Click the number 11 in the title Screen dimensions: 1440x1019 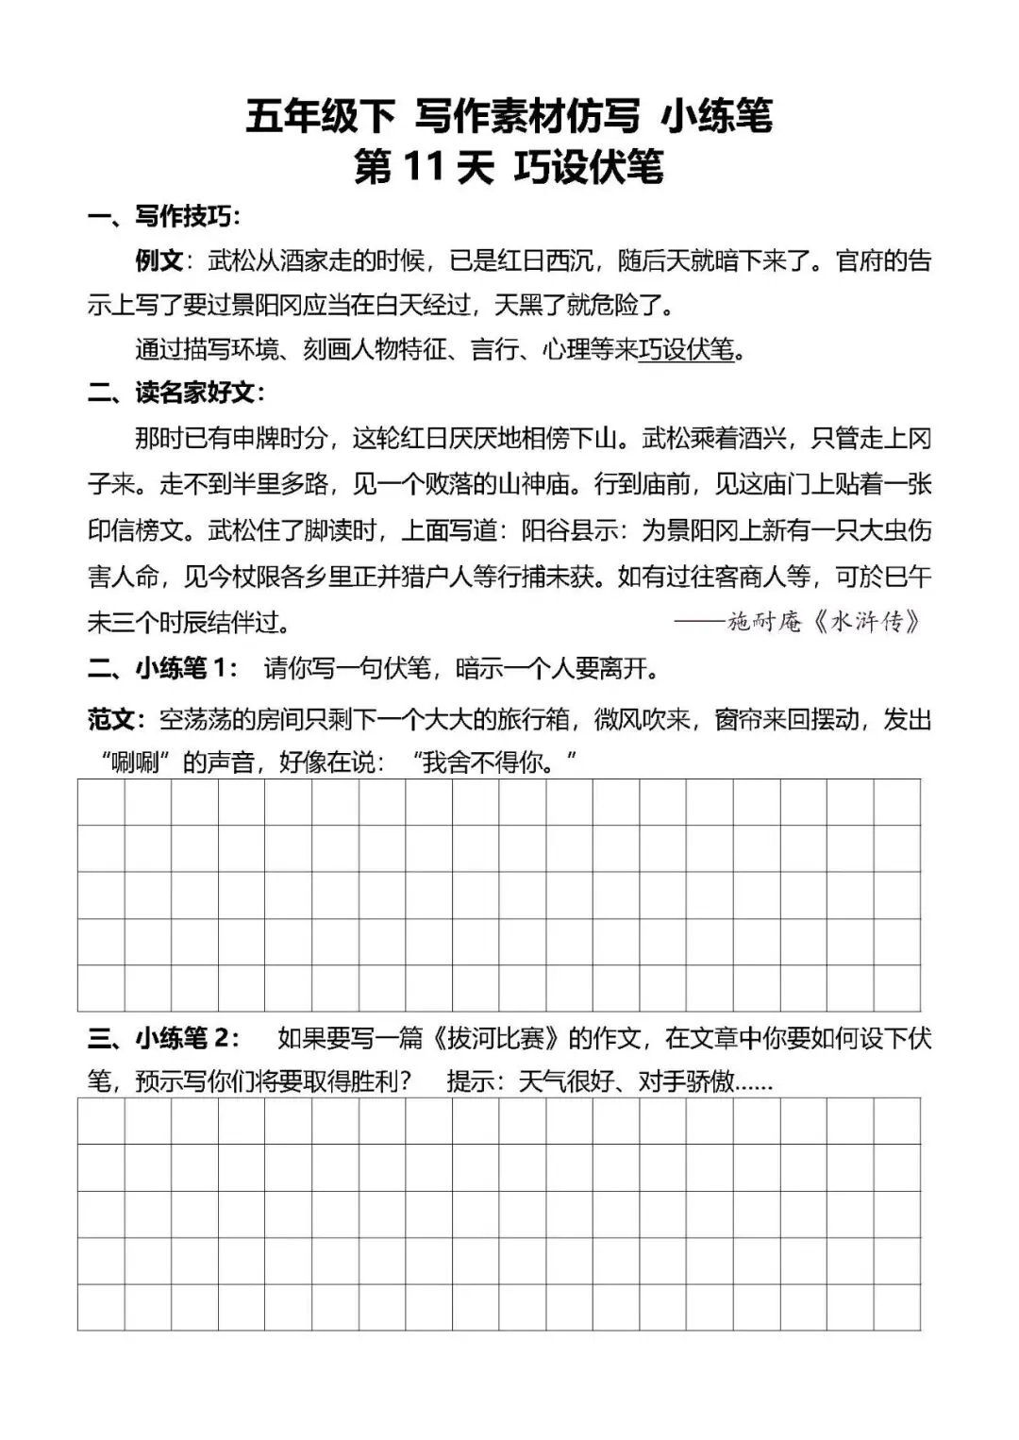(x=423, y=167)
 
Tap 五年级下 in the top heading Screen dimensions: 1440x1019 (x=320, y=117)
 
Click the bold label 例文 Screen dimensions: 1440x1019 (x=159, y=260)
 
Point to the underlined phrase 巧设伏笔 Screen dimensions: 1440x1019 (x=686, y=349)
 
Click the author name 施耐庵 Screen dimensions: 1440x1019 (x=764, y=621)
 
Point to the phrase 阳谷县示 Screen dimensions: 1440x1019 (x=570, y=530)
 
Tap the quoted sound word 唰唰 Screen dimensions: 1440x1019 (x=134, y=762)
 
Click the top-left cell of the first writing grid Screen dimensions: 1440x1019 (x=101, y=802)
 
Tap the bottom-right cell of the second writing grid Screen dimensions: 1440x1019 (x=896, y=1307)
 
